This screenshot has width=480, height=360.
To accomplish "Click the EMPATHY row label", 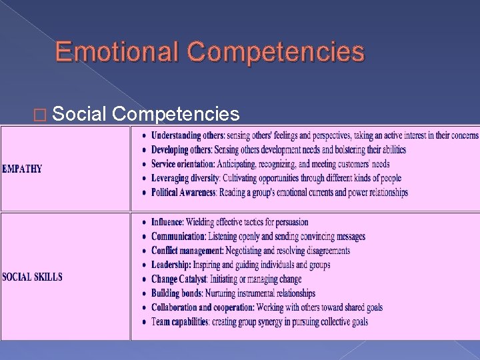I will [22, 169].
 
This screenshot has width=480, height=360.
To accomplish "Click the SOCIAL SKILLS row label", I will [32, 277].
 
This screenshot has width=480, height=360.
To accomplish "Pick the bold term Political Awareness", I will [183, 193].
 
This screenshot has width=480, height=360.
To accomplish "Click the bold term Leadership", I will [170, 265].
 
